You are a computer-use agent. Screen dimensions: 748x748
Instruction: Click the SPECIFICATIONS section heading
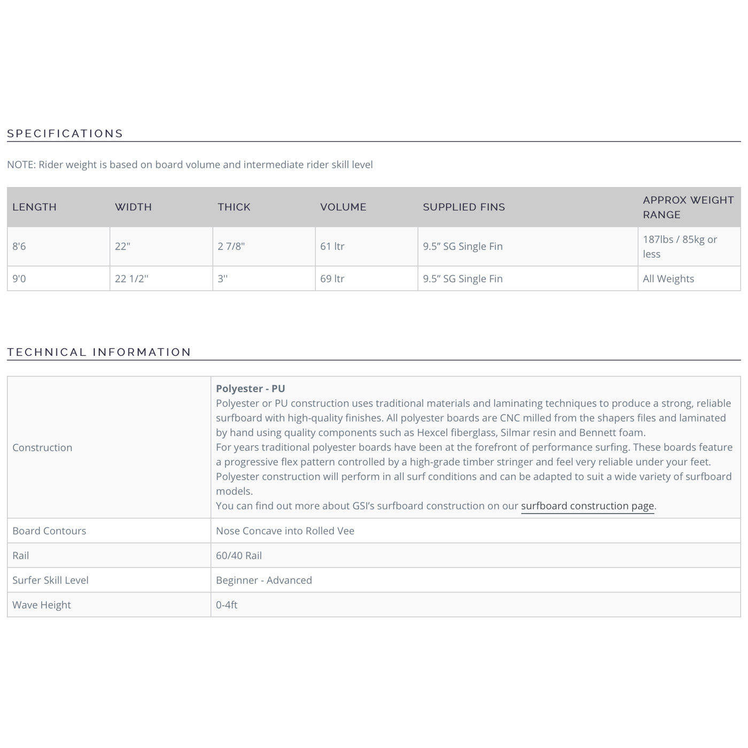click(65, 134)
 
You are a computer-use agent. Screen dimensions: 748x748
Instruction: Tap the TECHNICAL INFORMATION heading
click(99, 352)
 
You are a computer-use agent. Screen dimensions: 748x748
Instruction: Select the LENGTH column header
click(34, 207)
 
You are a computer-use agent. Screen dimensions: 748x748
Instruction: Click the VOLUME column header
click(343, 207)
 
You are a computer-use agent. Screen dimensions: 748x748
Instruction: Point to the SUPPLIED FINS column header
click(464, 207)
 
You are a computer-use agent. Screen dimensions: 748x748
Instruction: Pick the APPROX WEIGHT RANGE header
click(688, 207)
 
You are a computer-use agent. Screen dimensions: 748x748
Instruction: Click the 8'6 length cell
click(19, 247)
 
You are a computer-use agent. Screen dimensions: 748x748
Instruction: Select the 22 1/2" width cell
click(131, 279)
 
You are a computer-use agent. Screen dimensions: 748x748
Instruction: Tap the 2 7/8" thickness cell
click(231, 247)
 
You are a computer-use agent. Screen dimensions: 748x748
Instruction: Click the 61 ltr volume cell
click(332, 247)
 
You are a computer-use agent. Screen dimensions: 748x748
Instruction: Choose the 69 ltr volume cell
click(332, 279)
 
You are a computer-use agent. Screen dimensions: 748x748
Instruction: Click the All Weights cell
click(668, 279)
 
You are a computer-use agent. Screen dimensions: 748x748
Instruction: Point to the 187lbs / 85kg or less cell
click(680, 247)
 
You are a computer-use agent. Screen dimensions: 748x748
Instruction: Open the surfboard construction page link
click(587, 506)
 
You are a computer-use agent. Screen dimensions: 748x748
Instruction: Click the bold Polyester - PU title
click(250, 389)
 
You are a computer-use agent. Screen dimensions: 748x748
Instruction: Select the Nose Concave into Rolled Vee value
click(285, 531)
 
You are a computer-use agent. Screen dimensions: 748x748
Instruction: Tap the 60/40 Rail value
click(239, 556)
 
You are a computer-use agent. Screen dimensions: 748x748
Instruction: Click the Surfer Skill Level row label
click(50, 580)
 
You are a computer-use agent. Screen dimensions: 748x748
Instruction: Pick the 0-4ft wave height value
click(227, 605)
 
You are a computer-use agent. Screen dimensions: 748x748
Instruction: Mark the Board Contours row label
click(49, 531)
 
